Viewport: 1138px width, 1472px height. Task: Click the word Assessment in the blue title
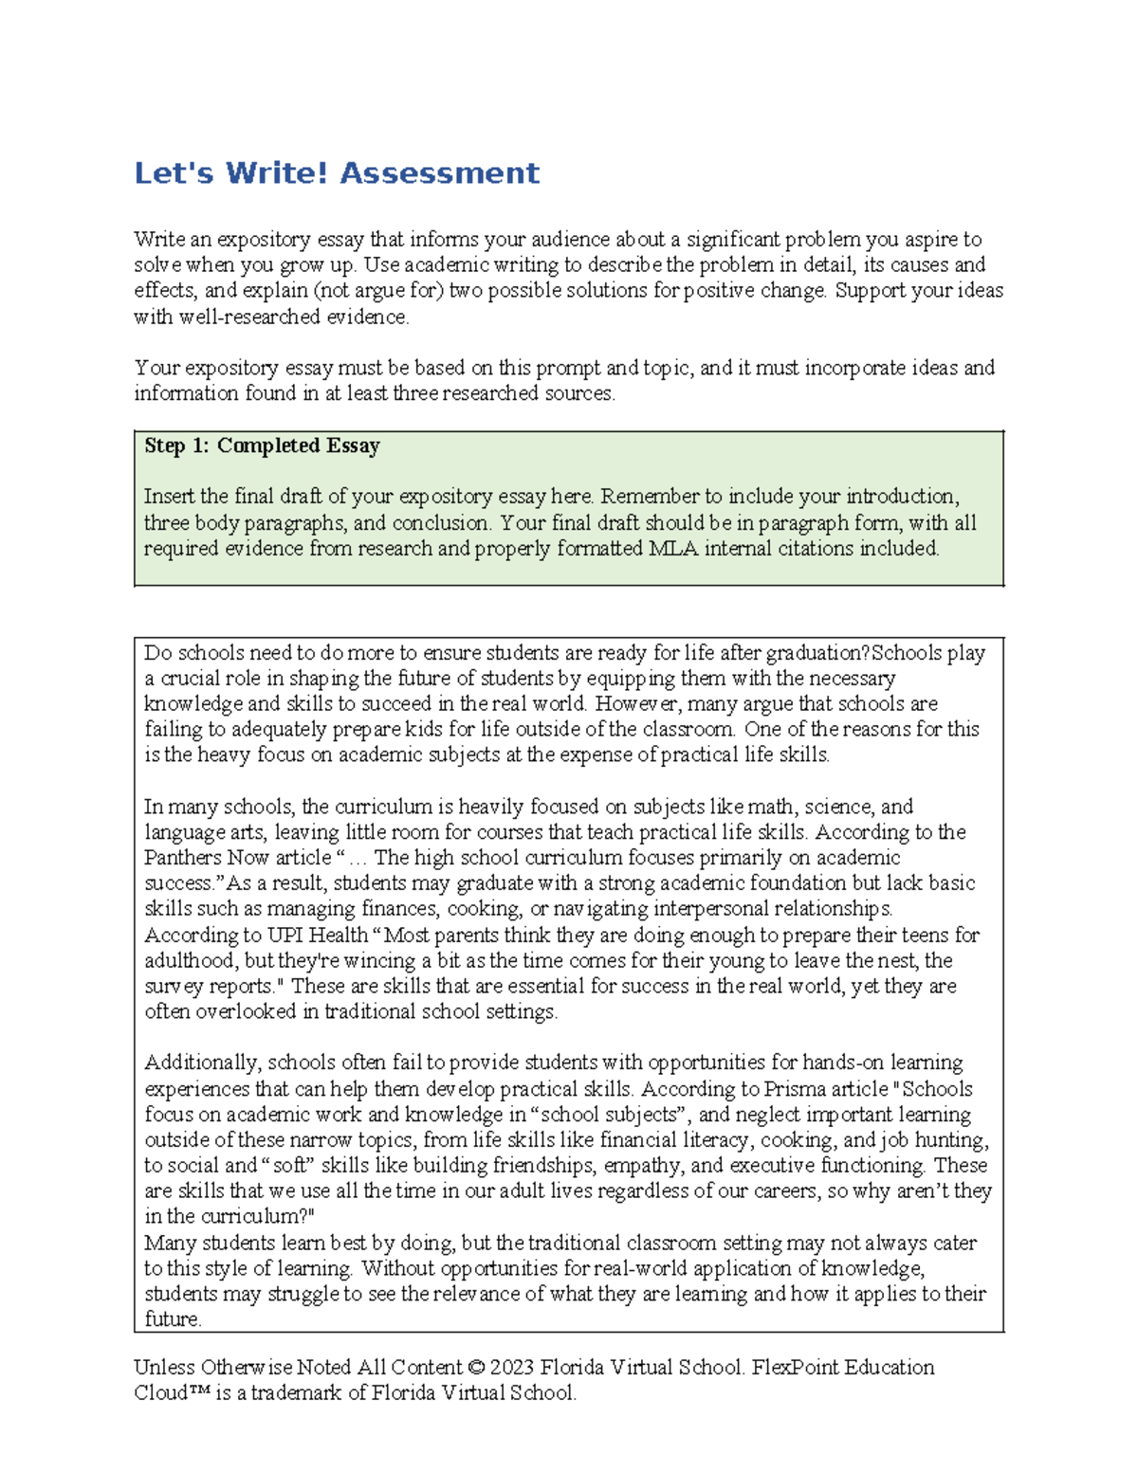[439, 173]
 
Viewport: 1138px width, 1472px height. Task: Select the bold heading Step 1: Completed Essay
[262, 445]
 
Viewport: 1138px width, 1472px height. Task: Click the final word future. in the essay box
[173, 1319]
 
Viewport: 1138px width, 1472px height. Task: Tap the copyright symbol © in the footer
[476, 1368]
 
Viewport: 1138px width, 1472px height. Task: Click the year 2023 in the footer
[513, 1368]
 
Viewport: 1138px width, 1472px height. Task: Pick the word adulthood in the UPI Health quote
[191, 961]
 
